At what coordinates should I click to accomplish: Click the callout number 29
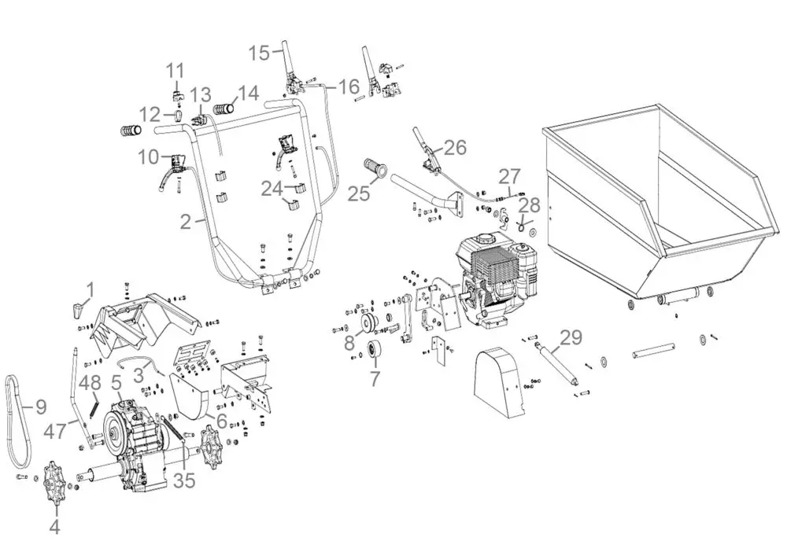coord(571,337)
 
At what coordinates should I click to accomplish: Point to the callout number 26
coord(455,147)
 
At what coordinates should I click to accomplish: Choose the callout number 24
coord(272,189)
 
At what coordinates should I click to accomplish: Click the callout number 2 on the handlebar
coord(186,221)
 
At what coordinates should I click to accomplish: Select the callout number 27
coord(509,176)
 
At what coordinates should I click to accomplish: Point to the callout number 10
coord(149,157)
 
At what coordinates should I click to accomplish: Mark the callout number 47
coord(54,431)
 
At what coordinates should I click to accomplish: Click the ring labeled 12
coord(179,116)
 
